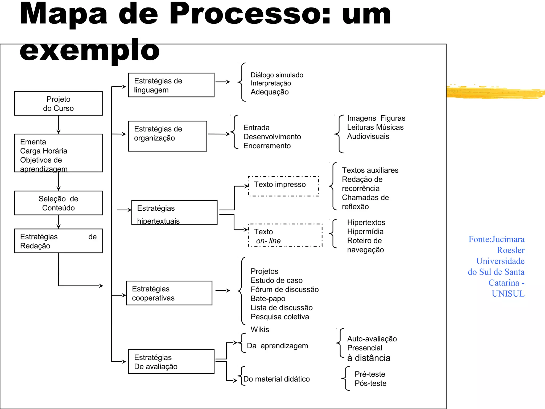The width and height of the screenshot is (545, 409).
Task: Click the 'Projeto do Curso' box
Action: click(x=58, y=103)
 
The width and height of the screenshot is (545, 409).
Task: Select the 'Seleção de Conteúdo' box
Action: click(x=58, y=203)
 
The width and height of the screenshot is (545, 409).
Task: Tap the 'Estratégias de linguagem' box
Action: click(x=171, y=85)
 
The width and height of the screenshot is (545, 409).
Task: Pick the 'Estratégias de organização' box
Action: click(x=167, y=136)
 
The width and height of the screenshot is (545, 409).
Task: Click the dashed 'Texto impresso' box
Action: click(x=283, y=186)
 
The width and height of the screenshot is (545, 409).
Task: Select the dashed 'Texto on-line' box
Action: click(x=285, y=235)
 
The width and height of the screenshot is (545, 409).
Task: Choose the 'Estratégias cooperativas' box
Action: click(x=169, y=293)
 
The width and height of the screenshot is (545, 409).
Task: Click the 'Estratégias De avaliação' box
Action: click(x=171, y=362)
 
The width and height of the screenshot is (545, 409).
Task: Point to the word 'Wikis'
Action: click(x=260, y=329)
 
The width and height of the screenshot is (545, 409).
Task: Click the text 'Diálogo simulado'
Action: click(x=277, y=75)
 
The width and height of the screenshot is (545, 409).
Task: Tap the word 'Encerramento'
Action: click(x=267, y=146)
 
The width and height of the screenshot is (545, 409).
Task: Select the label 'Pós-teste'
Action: click(x=370, y=383)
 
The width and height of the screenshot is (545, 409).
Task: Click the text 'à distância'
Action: click(x=369, y=358)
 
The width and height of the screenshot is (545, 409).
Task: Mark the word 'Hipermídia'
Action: click(x=365, y=231)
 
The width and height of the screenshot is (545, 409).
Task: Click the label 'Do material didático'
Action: click(x=276, y=379)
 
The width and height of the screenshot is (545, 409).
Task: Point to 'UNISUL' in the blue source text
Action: click(x=508, y=293)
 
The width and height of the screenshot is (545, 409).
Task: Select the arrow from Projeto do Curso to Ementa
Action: click(x=58, y=124)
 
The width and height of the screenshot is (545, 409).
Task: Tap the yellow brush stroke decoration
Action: click(x=495, y=92)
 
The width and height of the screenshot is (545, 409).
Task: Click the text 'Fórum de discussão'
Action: click(x=284, y=289)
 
